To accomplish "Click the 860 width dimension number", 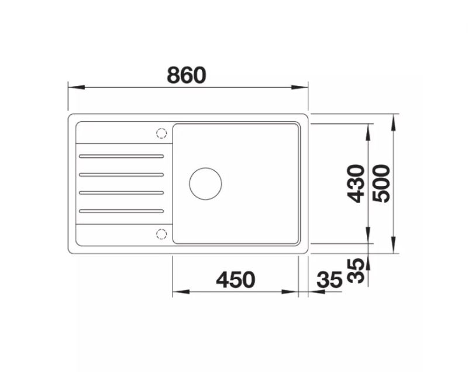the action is [x=187, y=75].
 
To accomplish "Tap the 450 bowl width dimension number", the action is [x=236, y=280].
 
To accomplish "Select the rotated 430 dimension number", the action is [x=356, y=184].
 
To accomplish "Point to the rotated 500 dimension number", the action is [x=381, y=184].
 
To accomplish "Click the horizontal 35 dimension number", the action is [x=329, y=280].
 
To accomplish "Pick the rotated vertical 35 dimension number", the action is [x=356, y=271].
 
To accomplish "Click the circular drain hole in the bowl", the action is [x=205, y=184].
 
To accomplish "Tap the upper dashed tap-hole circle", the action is [x=161, y=133].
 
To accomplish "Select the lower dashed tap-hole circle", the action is [x=161, y=234].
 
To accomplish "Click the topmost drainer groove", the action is [x=121, y=156].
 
